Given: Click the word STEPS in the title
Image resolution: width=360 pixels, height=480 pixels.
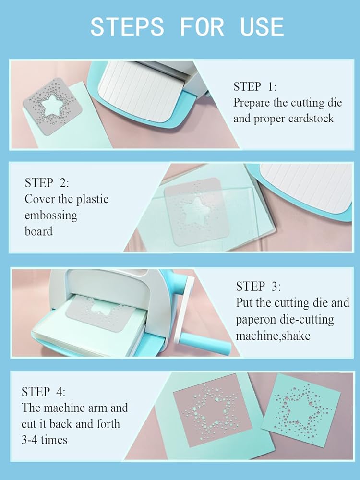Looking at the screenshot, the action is (127, 26).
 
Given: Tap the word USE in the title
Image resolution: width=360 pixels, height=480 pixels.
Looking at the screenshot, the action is (262, 26).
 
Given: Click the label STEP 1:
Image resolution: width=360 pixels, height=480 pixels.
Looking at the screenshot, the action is (255, 86).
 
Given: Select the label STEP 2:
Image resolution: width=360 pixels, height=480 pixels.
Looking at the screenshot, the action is (47, 183).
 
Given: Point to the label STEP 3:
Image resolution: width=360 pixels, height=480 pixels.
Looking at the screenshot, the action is (258, 286).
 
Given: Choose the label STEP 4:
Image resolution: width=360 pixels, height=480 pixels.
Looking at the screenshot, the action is (43, 392).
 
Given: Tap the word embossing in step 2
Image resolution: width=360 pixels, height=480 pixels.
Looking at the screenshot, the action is (51, 216).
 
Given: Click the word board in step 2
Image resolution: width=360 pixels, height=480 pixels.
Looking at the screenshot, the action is (38, 231).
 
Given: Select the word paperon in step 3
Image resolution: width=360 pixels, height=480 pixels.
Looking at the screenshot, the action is (256, 320).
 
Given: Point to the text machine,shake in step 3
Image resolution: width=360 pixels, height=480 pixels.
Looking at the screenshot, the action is (273, 336).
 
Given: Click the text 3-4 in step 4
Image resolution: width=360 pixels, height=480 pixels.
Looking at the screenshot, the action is (29, 440).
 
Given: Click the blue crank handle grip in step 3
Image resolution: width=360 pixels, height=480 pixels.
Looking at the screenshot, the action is (204, 343).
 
